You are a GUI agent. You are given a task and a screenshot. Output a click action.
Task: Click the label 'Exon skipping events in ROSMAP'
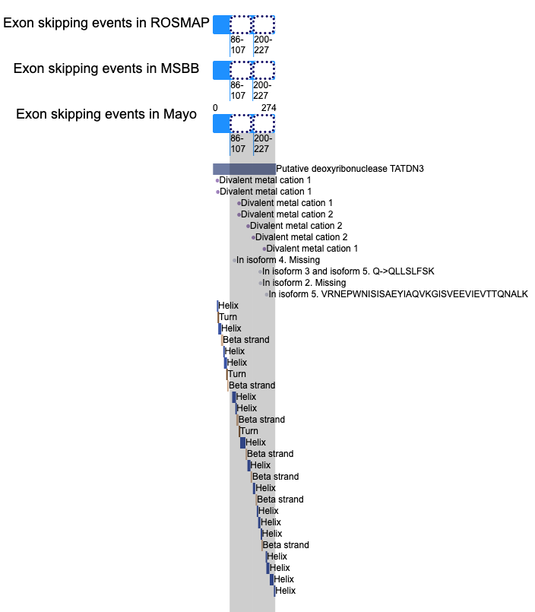pos(106,23)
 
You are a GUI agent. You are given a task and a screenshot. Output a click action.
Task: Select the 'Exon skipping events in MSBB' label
pos(106,68)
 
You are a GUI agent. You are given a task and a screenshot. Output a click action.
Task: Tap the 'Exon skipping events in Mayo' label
pos(106,114)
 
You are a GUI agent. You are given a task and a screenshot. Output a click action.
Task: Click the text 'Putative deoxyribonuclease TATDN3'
pos(350,169)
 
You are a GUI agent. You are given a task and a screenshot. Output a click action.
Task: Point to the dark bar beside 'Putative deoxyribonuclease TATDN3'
pos(244,169)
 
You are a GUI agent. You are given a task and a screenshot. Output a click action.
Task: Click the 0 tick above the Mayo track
pos(215,108)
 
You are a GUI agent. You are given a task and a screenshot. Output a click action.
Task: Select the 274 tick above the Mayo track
pos(268,108)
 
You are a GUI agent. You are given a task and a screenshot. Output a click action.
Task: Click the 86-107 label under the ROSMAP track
pos(237,45)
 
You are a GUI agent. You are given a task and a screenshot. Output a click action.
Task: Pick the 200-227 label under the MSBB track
pos(262,90)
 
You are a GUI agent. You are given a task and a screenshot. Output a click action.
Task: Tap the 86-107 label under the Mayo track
pos(237,144)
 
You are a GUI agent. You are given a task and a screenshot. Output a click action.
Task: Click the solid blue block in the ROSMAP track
pos(221,24)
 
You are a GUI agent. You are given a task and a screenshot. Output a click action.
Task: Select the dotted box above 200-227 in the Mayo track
pos(264,124)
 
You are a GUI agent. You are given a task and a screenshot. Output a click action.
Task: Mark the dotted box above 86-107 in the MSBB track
pos(241,70)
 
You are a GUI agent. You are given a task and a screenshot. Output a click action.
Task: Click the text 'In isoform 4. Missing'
pos(278,260)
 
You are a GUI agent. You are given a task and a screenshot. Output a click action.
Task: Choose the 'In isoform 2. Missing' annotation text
pos(304,283)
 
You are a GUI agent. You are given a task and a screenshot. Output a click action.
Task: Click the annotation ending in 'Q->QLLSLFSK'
pos(348,271)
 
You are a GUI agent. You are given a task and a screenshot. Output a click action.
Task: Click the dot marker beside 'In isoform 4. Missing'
pos(234,260)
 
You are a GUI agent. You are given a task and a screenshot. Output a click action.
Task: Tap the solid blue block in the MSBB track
pos(221,70)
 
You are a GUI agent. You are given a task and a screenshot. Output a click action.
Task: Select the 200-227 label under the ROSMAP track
pos(263,45)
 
